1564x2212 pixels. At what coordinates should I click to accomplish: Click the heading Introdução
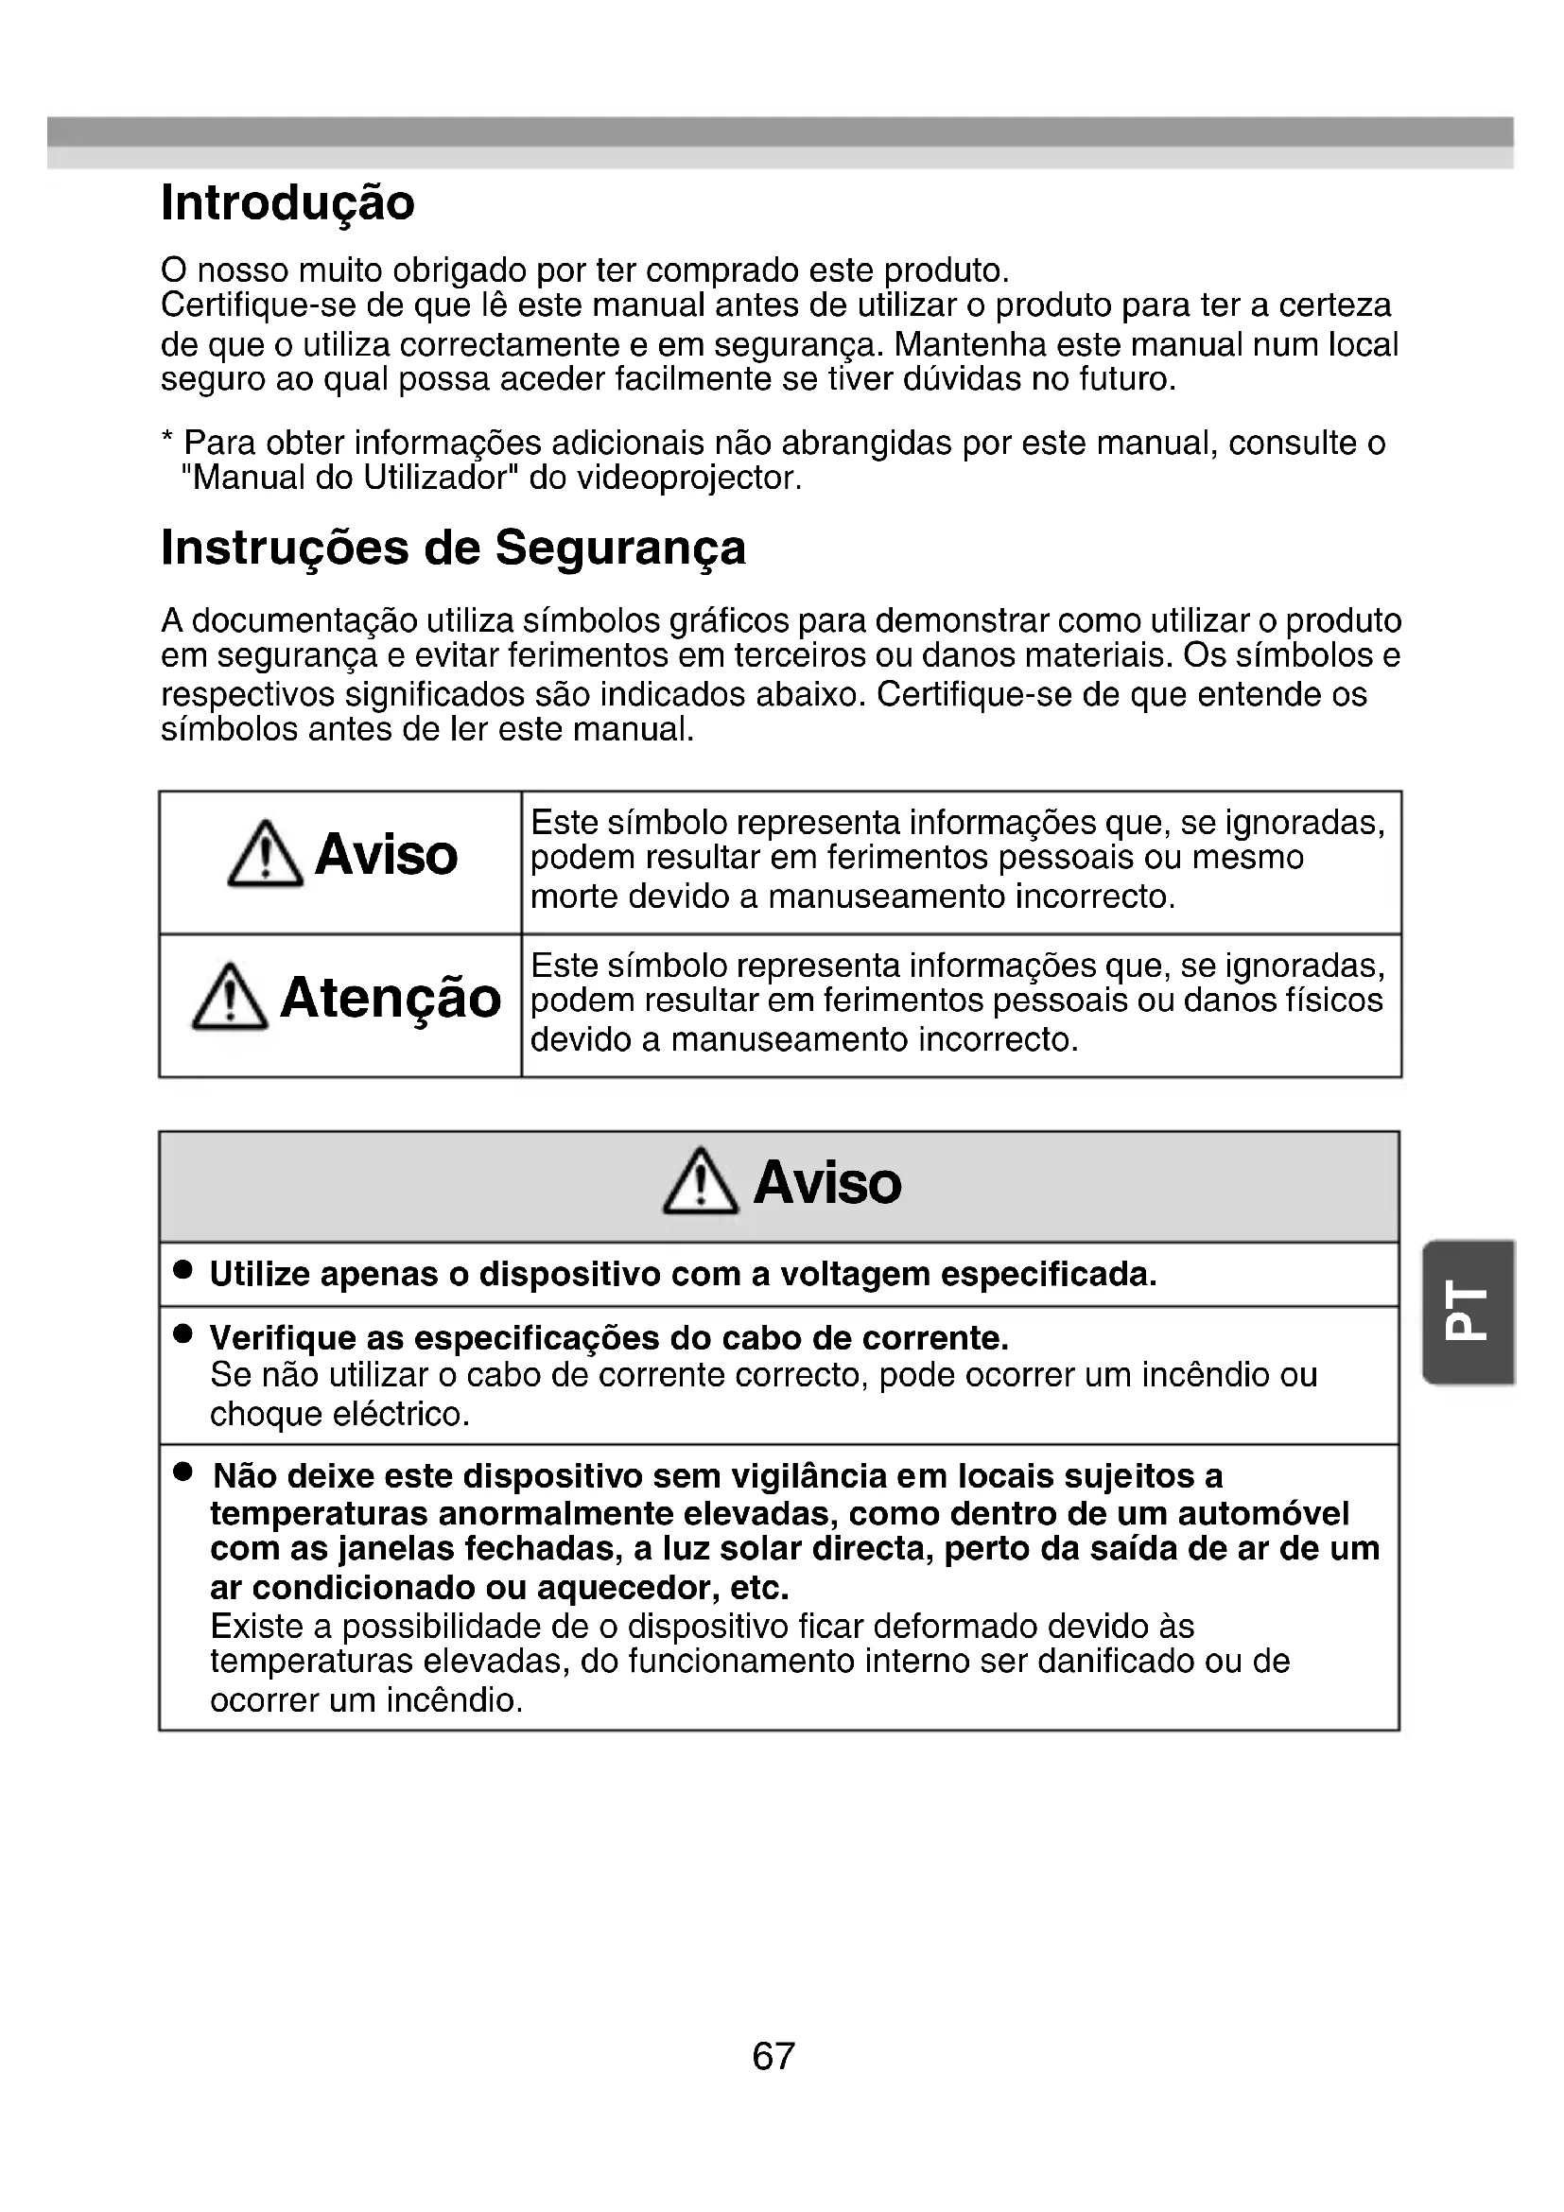pyautogui.click(x=287, y=203)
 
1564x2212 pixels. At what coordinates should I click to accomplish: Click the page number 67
pyautogui.click(x=773, y=2056)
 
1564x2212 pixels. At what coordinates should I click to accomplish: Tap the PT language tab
pyautogui.click(x=1468, y=1313)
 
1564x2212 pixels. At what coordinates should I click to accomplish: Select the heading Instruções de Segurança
pyautogui.click(x=453, y=549)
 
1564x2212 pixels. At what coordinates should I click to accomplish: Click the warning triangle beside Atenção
pyautogui.click(x=229, y=998)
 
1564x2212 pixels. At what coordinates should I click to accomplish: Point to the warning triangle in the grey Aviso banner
pyautogui.click(x=700, y=1182)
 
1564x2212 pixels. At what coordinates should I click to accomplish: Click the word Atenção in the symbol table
pyautogui.click(x=390, y=998)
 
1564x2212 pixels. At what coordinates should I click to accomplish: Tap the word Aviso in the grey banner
pyautogui.click(x=827, y=1183)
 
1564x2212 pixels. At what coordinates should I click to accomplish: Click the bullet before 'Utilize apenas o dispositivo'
pyautogui.click(x=183, y=1271)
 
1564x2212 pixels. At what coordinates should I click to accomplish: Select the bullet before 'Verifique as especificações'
pyautogui.click(x=183, y=1334)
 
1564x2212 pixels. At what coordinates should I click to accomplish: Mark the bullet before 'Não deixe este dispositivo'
pyautogui.click(x=183, y=1472)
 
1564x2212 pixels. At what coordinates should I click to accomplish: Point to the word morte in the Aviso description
pyautogui.click(x=574, y=897)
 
